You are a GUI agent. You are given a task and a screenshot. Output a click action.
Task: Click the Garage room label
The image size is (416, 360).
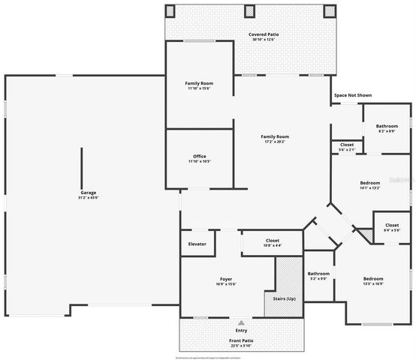click(x=89, y=193)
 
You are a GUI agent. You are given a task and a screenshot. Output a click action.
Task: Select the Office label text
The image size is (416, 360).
click(x=199, y=156)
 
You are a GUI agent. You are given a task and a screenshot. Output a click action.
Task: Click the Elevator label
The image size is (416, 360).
click(x=197, y=244)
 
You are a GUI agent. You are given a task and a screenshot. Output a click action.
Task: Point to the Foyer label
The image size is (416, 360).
click(x=226, y=278)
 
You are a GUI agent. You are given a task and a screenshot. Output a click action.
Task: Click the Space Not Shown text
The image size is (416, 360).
click(x=352, y=95)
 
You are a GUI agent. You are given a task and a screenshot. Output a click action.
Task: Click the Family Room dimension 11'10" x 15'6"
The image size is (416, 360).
click(x=199, y=88)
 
